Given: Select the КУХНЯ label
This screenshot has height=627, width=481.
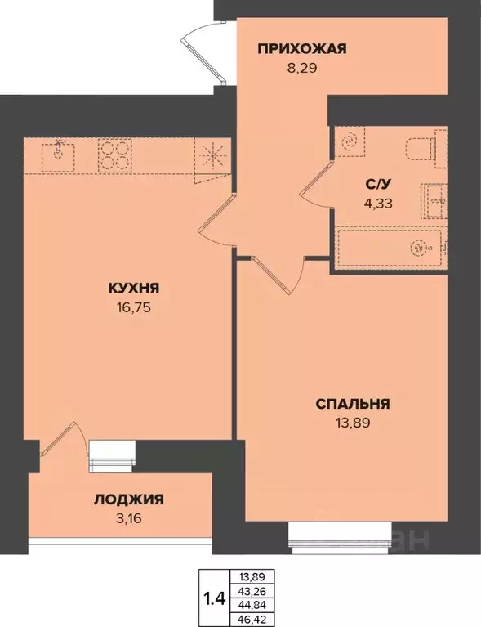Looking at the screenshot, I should [x=133, y=288].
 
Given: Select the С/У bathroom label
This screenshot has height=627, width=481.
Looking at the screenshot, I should [x=376, y=184].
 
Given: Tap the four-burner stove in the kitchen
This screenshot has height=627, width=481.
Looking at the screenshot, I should [x=115, y=155].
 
